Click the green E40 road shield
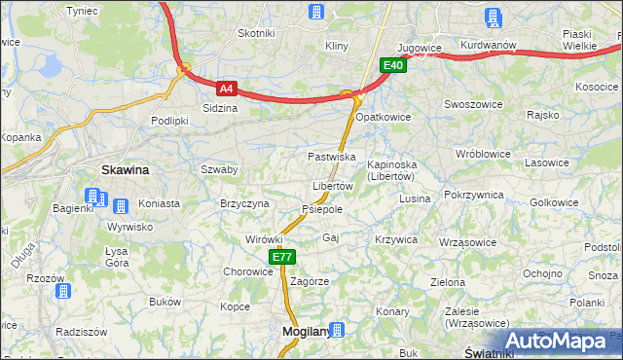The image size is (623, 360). pos(392,65)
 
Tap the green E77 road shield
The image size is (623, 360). pos(281,257)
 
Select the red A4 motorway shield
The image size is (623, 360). pos(226,88)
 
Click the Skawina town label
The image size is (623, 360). pos(126,170)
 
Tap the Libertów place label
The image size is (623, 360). pos(332,186)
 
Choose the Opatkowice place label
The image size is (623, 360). pos(383,117)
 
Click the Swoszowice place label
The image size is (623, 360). pos(471,103)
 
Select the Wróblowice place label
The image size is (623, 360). pos(485,154)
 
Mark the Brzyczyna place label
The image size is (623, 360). pos(244,203)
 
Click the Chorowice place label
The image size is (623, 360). pos(247,271)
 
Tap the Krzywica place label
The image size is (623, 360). pos(395,239)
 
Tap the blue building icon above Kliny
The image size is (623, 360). pos(315,12)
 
